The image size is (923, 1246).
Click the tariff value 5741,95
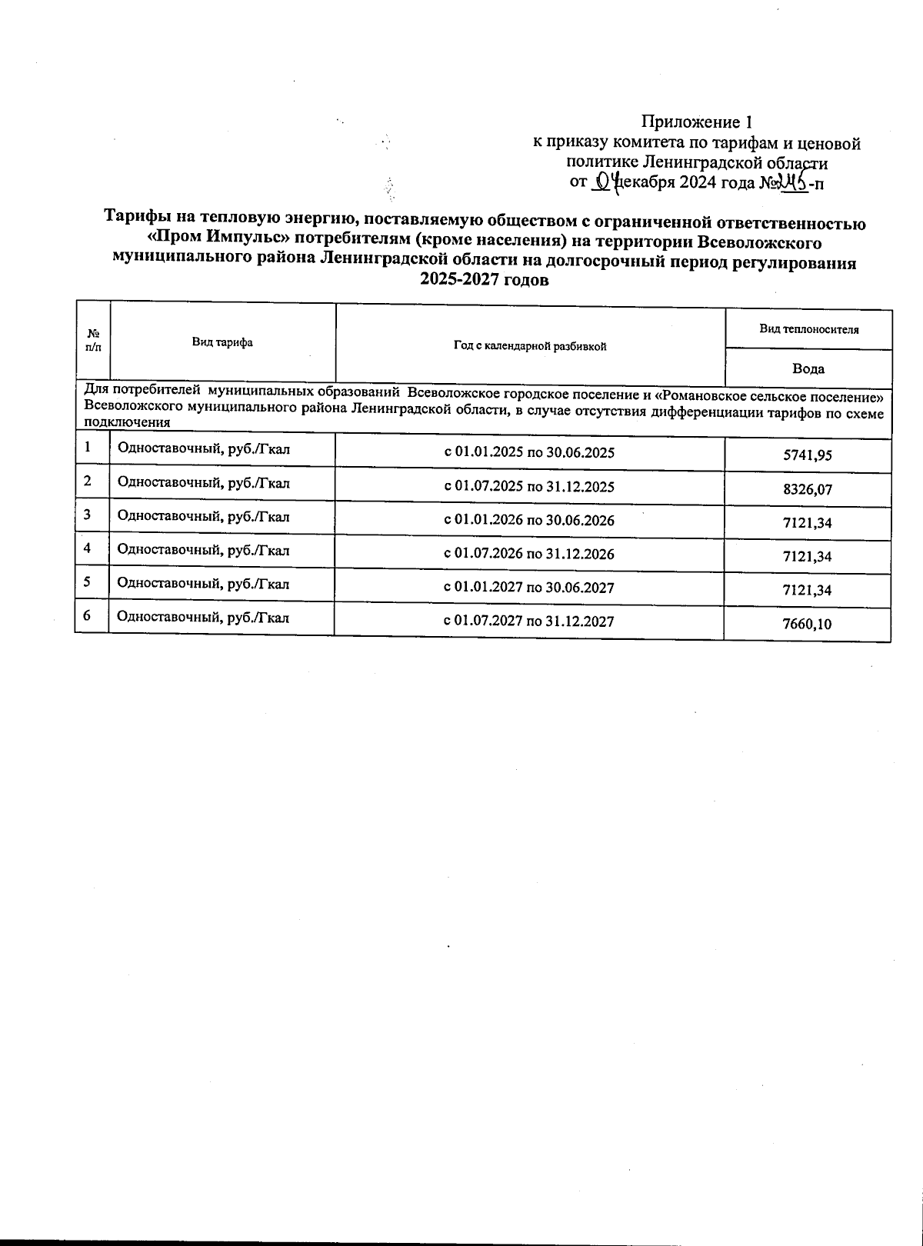coord(807,455)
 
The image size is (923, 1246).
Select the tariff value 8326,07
coord(807,489)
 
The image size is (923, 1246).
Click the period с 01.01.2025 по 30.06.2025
coord(529,452)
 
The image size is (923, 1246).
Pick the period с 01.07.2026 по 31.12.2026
coord(529,554)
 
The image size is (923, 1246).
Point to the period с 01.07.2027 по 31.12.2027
coord(529,621)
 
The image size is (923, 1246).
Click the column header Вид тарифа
coord(222,342)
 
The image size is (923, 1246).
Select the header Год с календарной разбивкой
coord(530,346)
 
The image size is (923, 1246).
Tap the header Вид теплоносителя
coord(809,329)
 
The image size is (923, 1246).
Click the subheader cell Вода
coord(808,368)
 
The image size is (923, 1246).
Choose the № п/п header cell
coord(93,340)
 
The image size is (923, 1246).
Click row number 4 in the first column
coord(88,548)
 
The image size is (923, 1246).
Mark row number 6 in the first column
coord(88,615)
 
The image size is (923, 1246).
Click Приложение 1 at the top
coord(696,122)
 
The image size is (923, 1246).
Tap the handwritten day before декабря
coord(608,182)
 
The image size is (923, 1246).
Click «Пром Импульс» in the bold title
coord(215,242)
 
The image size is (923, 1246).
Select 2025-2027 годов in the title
coord(484,280)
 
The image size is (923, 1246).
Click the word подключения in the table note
coord(127,423)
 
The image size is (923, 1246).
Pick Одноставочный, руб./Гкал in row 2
coord(203,483)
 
